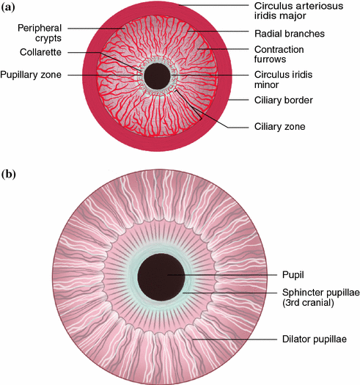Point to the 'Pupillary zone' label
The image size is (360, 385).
click(32, 75)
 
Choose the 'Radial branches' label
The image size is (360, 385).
click(279, 34)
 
